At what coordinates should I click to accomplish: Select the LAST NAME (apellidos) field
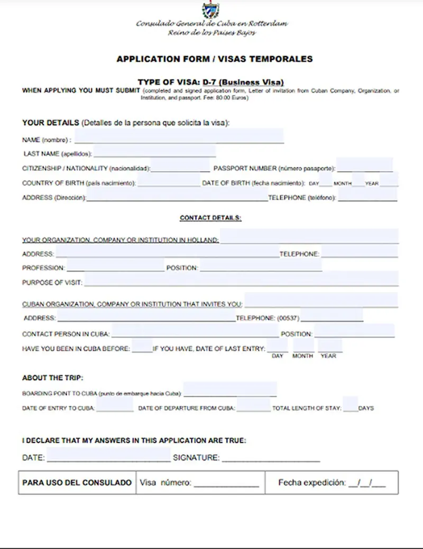[154, 152]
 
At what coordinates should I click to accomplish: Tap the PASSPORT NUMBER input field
[364, 165]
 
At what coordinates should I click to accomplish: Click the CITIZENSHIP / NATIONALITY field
[180, 166]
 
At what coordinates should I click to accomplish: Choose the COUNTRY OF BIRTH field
[169, 181]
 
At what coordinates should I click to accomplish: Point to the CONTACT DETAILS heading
[210, 218]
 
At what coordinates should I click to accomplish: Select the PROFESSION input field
[115, 266]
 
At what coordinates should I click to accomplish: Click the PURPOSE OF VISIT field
[241, 279]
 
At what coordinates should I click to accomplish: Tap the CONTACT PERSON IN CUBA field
[195, 331]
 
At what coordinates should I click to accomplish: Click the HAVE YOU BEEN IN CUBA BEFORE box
[142, 346]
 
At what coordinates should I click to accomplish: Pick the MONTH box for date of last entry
[303, 346]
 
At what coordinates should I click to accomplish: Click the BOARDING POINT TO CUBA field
[229, 389]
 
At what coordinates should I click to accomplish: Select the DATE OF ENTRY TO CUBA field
[115, 405]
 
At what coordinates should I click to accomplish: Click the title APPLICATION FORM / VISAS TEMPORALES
[214, 59]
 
